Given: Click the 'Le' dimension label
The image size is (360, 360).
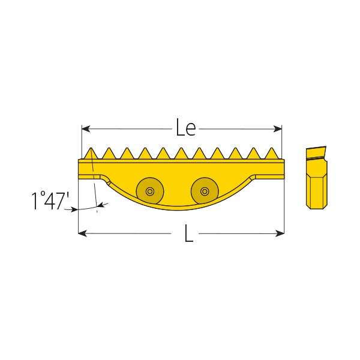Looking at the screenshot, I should pos(185,127).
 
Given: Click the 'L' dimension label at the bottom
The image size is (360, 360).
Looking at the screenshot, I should pos(188,233).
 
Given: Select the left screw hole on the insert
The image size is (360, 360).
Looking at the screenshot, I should pos(149,191).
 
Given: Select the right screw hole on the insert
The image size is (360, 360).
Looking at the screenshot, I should pos(205,191).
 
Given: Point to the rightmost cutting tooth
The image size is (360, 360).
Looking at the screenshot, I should pos(272,154).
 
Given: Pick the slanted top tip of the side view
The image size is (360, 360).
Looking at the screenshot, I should pos(316,151).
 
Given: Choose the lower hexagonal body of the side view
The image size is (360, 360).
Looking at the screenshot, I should pos(316,190).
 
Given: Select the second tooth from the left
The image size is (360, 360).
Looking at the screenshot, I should pos(109,154).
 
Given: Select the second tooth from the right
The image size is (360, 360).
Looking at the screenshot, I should pos(254,154).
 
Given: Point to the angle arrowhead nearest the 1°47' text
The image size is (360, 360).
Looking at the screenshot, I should pos(75,209).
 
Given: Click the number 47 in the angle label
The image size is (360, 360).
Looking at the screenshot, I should pos(53,201).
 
